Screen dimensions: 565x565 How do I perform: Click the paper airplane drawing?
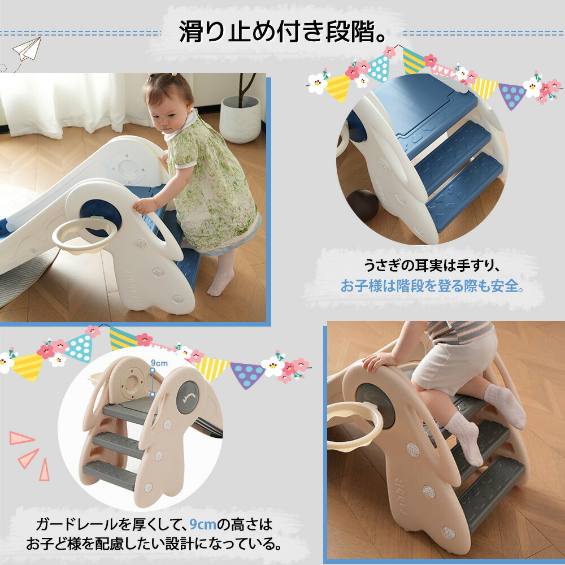pyautogui.click(x=27, y=49)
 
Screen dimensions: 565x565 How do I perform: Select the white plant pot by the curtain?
pyautogui.click(x=240, y=118)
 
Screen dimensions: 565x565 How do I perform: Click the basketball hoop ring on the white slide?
pyautogui.click(x=85, y=234)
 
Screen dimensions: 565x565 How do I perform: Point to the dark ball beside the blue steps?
pyautogui.click(x=363, y=206)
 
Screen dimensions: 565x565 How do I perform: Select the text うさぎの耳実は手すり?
pyautogui.click(x=431, y=266)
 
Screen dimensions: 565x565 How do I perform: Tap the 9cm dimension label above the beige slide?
pyautogui.click(x=159, y=363)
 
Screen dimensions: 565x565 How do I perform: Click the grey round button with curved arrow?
pyautogui.click(x=188, y=397)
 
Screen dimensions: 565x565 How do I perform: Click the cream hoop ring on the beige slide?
pyautogui.click(x=355, y=426)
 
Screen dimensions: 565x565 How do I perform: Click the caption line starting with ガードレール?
pyautogui.click(x=154, y=525)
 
